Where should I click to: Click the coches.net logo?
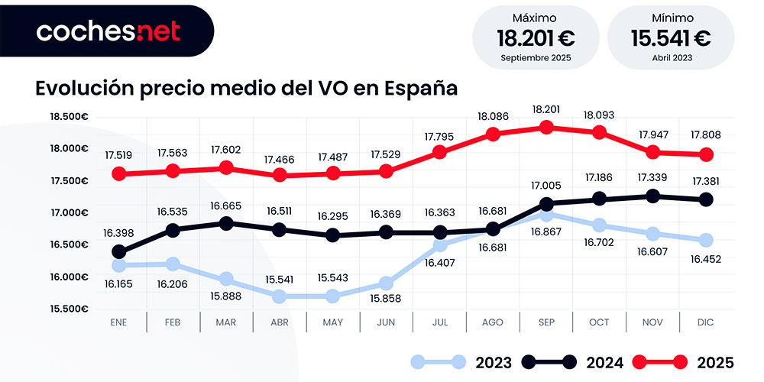point(108,31)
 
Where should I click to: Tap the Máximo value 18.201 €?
point(536,37)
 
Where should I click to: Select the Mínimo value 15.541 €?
point(671,37)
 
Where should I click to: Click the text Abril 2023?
point(671,57)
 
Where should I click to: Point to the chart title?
point(246,88)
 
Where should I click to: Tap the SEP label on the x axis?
point(545,322)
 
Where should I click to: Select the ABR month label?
point(279,322)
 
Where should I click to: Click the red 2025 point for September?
point(545,127)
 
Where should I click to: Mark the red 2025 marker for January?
point(118,174)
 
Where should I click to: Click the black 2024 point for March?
point(225,223)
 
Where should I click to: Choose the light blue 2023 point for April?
point(279,296)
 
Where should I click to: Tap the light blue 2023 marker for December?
point(706,240)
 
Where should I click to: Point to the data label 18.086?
point(493,116)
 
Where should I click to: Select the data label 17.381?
point(706,182)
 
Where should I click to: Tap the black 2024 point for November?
point(652,196)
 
